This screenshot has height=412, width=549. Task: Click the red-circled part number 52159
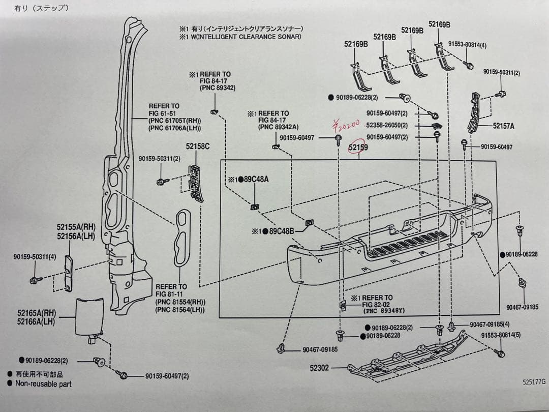click(358, 148)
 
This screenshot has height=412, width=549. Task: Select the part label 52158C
click(198, 146)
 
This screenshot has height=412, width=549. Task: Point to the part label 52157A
click(503, 126)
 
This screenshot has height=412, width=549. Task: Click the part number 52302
click(319, 367)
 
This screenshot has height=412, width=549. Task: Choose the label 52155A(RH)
click(76, 227)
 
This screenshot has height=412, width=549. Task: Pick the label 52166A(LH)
click(36, 321)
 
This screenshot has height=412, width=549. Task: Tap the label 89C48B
click(281, 231)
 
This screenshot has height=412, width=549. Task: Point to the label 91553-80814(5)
click(500, 335)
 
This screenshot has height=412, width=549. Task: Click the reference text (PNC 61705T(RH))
click(175, 121)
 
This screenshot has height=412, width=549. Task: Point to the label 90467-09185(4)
click(490, 324)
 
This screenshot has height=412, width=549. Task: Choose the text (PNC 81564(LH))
click(180, 310)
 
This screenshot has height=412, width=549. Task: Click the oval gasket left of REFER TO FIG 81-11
click(182, 237)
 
